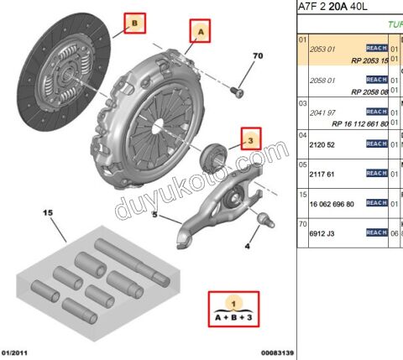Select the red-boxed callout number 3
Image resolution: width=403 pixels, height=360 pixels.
tap(249, 138)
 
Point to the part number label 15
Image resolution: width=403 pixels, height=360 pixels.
tap(47, 212)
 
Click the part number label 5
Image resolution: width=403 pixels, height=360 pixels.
tap(154, 215)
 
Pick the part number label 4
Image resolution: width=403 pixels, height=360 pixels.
tap(247, 247)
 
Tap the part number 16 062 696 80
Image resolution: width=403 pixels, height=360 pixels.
tap(332, 204)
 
